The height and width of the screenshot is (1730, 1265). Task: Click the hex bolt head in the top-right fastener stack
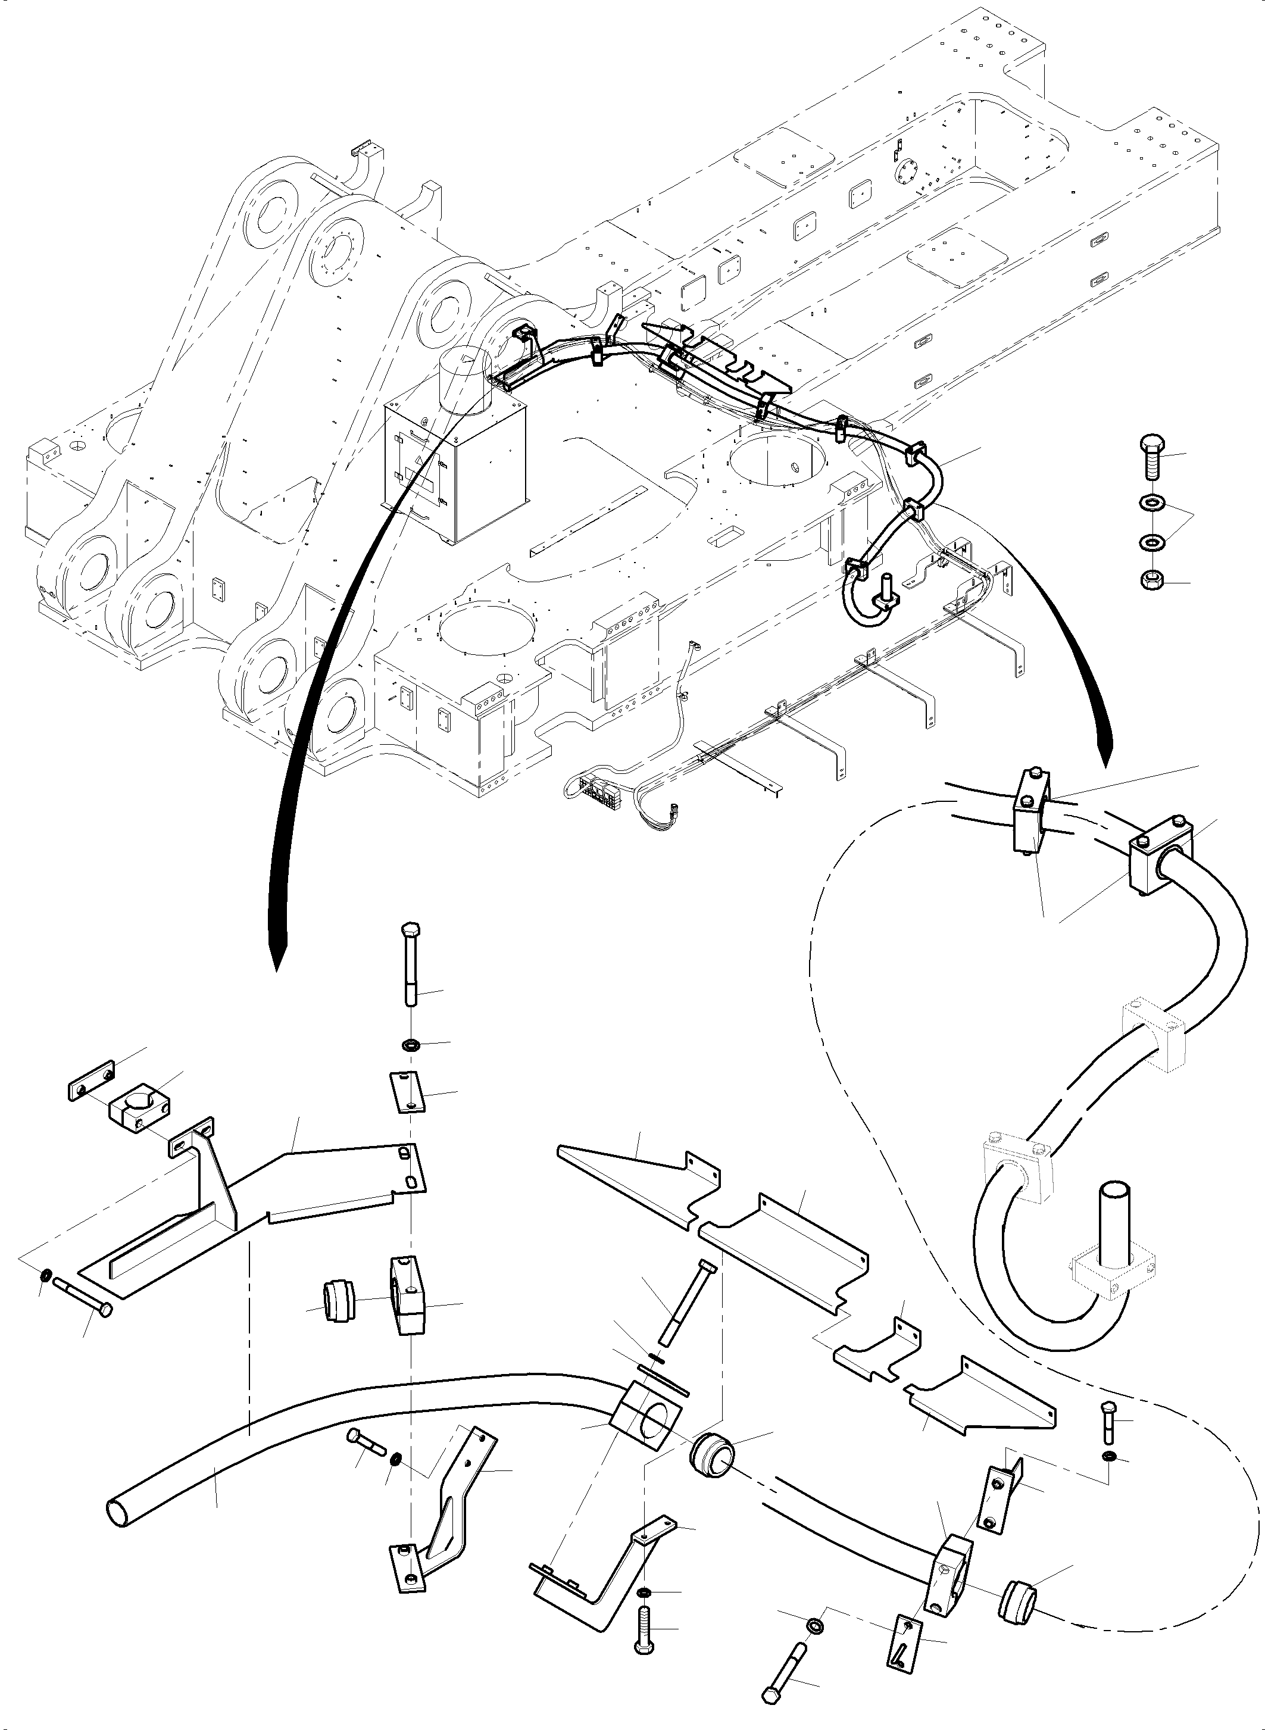coord(1151,444)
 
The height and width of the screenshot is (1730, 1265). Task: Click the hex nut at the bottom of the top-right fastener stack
coord(1150,580)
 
